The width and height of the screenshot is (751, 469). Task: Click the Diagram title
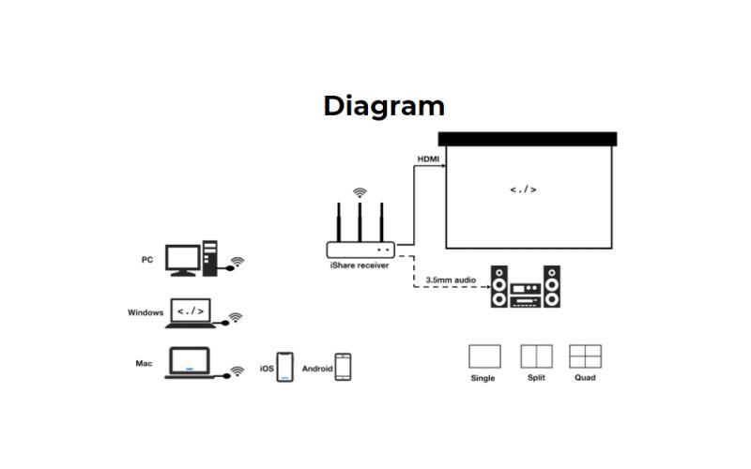click(x=384, y=106)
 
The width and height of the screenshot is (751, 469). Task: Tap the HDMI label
click(x=428, y=159)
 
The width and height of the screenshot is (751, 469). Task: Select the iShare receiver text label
click(x=360, y=265)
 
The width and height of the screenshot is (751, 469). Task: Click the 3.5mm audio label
click(x=451, y=280)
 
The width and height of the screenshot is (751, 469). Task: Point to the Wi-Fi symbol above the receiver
click(x=360, y=192)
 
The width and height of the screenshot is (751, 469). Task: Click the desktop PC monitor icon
click(x=182, y=261)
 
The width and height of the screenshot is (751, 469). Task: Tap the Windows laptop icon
click(x=191, y=313)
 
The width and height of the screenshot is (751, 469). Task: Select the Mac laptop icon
click(x=191, y=363)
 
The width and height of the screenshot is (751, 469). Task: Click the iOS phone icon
click(x=285, y=367)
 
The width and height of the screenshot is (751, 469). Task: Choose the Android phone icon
click(x=343, y=367)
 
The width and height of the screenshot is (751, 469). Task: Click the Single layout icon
click(x=484, y=356)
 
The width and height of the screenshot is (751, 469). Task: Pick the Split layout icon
click(x=536, y=356)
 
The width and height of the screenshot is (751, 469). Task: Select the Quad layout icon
click(x=585, y=356)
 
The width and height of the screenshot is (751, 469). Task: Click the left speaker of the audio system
click(x=499, y=287)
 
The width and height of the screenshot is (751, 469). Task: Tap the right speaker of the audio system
click(x=552, y=287)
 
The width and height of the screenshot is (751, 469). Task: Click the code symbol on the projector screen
click(x=523, y=189)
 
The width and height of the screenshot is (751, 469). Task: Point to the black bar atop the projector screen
click(x=528, y=139)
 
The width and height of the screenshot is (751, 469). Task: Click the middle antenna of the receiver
click(x=360, y=222)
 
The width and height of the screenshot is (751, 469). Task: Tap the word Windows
click(x=146, y=312)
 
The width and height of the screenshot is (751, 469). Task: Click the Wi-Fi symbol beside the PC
click(x=238, y=262)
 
